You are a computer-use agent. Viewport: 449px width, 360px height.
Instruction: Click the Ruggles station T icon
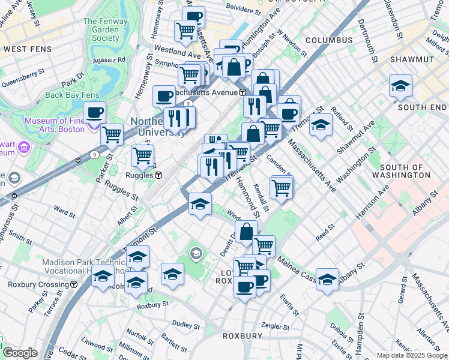158,176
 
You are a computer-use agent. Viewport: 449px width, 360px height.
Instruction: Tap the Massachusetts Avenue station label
194,92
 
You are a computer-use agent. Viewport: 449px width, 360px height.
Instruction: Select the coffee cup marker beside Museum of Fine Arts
94,112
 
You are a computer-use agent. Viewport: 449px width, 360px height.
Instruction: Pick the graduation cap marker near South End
400,86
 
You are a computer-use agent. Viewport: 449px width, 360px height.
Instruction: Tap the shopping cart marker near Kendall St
281,187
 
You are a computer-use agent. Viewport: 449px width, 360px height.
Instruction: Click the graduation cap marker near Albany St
327,279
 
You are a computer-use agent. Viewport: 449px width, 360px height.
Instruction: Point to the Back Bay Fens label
71,95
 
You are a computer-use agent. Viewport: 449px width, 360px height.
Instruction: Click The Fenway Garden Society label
101,29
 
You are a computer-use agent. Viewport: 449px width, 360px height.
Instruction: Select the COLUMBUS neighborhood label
329,40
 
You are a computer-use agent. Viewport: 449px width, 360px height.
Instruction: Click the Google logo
20,353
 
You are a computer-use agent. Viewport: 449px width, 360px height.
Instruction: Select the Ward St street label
64,211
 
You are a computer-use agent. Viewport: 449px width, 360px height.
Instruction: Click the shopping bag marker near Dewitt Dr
246,231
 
